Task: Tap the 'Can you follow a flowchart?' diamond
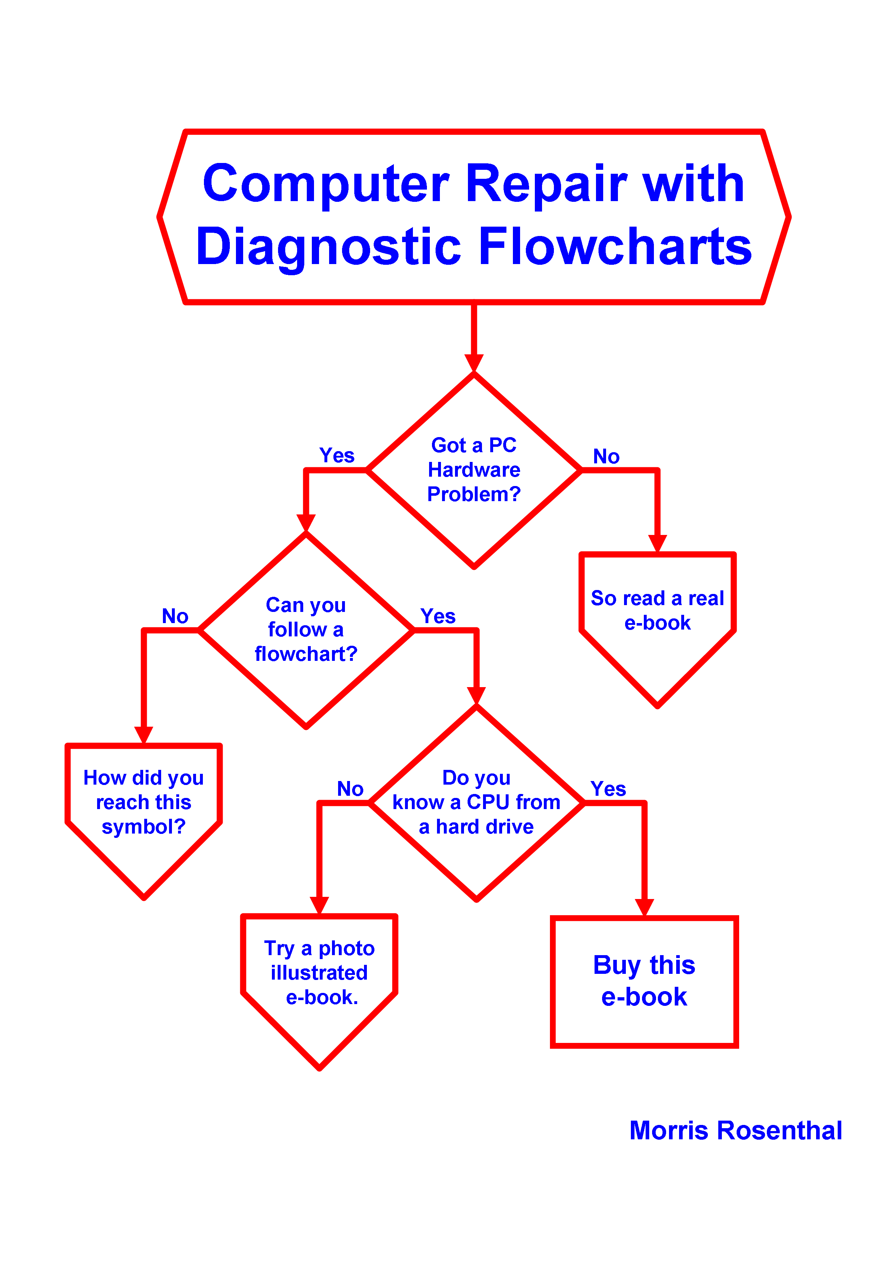[x=306, y=630]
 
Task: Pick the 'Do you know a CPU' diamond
[x=477, y=803]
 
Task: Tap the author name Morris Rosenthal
[x=736, y=1131]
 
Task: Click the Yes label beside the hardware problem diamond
[x=337, y=456]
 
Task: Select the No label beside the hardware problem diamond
[x=606, y=457]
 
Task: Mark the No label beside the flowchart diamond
[x=175, y=616]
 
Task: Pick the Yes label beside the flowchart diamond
[x=438, y=616]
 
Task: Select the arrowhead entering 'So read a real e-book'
[x=657, y=543]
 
